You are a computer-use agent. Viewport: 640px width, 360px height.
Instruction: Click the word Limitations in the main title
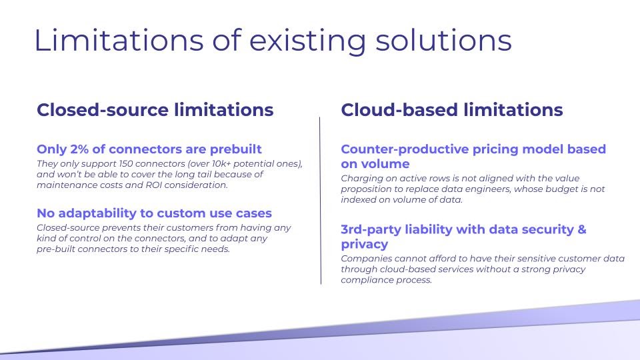[x=119, y=40]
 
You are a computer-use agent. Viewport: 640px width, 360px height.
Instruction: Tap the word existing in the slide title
[x=307, y=42]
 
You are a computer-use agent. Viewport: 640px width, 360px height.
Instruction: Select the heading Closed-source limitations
[x=155, y=110]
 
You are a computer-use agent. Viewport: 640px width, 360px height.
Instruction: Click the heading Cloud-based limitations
[x=452, y=110]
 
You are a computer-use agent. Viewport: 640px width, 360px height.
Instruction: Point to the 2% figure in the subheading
[x=79, y=149]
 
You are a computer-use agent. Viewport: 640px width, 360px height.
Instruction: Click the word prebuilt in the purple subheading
[x=235, y=149]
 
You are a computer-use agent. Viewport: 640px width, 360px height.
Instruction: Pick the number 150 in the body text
[x=126, y=164]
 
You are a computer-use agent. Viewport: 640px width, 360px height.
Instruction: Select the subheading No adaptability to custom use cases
[x=154, y=213]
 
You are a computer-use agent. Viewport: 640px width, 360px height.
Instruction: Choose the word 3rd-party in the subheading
[x=371, y=229]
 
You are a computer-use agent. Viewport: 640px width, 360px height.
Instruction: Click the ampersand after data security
[x=581, y=229]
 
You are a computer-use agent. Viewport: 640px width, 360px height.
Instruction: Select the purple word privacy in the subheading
[x=365, y=245]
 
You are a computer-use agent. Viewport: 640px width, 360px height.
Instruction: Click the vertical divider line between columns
[x=321, y=201]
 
